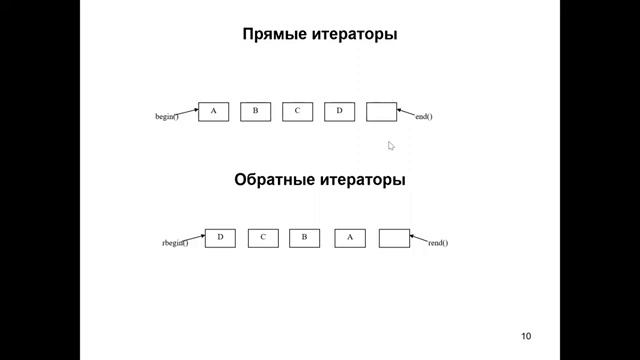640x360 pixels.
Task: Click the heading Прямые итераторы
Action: tap(319, 35)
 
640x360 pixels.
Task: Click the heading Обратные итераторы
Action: tap(319, 181)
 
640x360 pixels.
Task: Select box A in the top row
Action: tap(213, 111)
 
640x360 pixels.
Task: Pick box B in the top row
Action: tap(255, 111)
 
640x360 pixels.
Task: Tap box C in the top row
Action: tap(297, 111)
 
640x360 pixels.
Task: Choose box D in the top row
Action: tap(339, 111)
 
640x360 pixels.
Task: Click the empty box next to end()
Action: tap(381, 111)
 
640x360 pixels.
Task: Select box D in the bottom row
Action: tap(220, 238)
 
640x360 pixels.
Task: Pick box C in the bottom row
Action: tap(262, 238)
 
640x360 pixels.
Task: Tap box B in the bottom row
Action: tap(304, 238)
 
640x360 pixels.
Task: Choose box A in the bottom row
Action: tap(350, 238)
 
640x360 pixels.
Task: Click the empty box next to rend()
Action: tap(395, 238)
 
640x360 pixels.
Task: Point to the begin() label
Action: tap(166, 117)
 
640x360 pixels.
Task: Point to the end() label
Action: tap(423, 117)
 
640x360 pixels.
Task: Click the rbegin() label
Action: tap(175, 243)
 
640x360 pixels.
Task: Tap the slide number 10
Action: tap(527, 335)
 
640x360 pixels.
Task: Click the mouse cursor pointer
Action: tap(391, 146)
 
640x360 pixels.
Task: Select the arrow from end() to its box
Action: tap(406, 112)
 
